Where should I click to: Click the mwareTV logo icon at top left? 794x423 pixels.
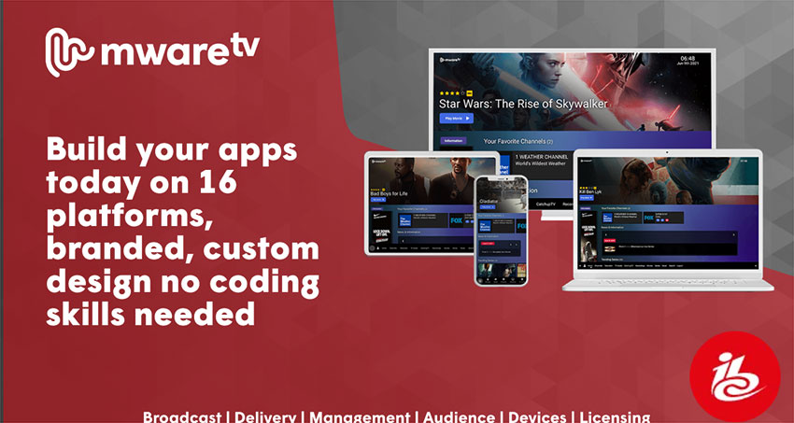pyautogui.click(x=68, y=52)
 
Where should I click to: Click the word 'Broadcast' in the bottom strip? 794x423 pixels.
pyautogui.click(x=183, y=416)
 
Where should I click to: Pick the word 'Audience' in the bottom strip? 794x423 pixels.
pyautogui.click(x=459, y=416)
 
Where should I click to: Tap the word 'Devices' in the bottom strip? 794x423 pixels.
pyautogui.click(x=538, y=416)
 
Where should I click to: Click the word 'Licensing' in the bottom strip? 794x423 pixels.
pyautogui.click(x=615, y=416)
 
